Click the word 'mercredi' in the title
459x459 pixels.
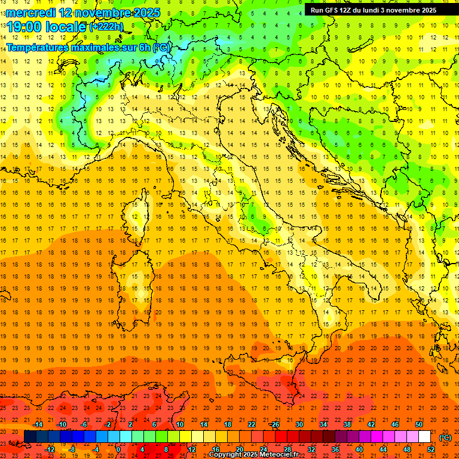(x=31, y=12)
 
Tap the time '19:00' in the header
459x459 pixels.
(x=27, y=26)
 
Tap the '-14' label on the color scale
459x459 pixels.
(x=38, y=424)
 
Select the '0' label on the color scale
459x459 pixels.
(x=118, y=449)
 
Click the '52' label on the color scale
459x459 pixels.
(x=431, y=449)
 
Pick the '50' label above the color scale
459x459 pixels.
(x=419, y=424)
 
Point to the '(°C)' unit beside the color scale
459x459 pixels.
(x=445, y=437)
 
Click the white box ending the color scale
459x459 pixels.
(x=424, y=437)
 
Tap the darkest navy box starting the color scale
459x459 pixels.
(x=30, y=437)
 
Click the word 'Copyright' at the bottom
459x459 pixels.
(x=225, y=455)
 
